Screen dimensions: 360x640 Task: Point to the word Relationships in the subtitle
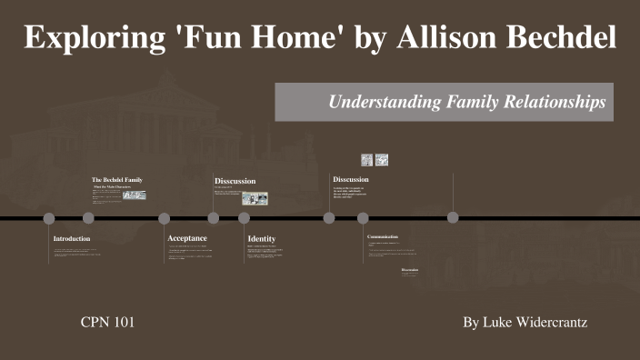coord(555,103)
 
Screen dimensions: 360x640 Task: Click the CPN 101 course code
coord(108,323)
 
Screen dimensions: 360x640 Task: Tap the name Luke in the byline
coord(497,323)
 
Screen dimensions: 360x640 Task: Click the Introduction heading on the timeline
coord(72,239)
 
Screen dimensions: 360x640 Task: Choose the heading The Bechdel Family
coord(117,180)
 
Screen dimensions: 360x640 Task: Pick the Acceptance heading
coord(187,238)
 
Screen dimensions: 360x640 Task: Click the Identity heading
coord(262,239)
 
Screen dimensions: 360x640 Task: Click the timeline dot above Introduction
coord(49,218)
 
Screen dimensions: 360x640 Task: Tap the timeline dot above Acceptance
coord(165,218)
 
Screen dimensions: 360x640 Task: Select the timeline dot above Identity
coord(244,218)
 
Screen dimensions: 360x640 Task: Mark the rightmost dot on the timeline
coord(453,218)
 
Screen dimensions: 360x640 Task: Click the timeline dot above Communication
coord(363,218)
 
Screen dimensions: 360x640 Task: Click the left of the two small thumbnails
coord(366,160)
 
